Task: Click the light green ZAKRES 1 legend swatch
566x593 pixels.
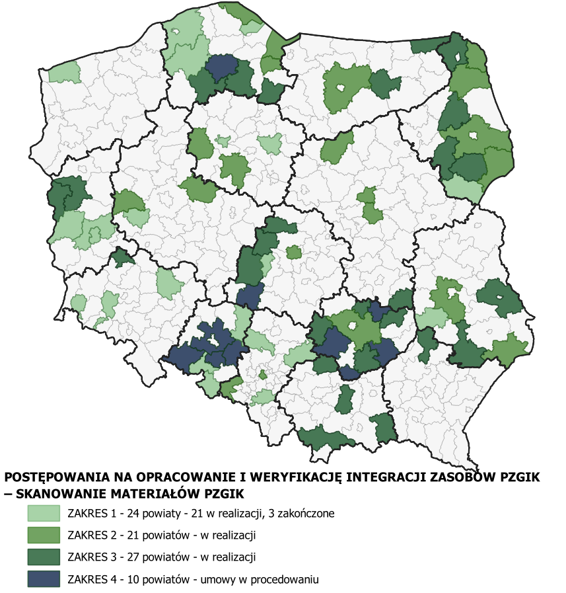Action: [43, 513]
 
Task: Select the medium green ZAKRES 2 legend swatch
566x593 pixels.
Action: [43, 534]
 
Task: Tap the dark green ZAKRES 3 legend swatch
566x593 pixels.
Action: [43, 557]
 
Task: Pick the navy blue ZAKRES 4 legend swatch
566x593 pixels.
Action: [43, 579]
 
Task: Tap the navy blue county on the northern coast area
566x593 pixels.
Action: [221, 66]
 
